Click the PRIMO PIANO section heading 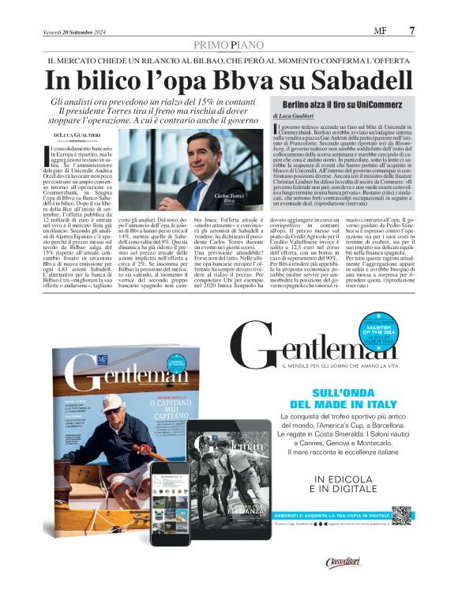point(228,44)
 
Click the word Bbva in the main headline point(236,80)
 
